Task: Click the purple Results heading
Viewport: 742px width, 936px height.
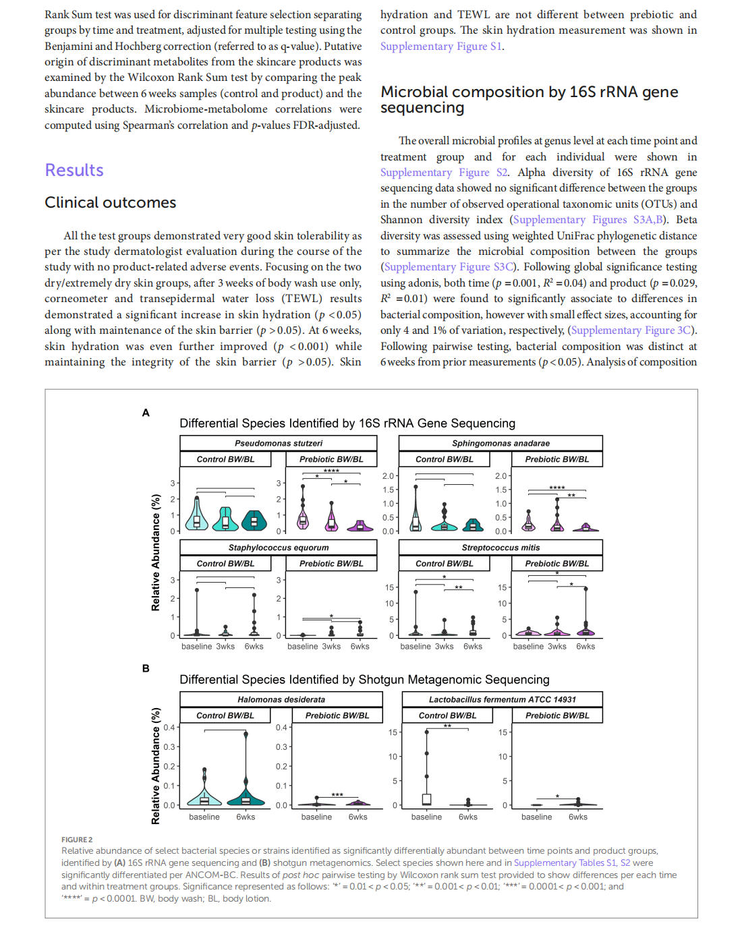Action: click(74, 170)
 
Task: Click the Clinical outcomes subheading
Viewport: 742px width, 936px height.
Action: click(110, 202)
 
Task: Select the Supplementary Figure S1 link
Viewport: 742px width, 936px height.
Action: click(441, 47)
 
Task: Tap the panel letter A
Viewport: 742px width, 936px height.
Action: click(146, 413)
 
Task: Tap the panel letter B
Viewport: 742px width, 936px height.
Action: click(146, 668)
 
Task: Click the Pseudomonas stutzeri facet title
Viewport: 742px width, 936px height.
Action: click(278, 443)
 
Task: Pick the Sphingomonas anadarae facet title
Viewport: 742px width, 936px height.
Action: click(501, 443)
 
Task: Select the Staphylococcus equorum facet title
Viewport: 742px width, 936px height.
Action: click(278, 548)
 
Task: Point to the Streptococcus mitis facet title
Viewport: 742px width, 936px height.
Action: click(501, 548)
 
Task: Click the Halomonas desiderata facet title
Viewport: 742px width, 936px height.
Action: click(281, 699)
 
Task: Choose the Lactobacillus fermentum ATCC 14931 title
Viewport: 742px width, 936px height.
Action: click(502, 699)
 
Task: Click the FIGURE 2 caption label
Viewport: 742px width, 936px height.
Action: click(77, 840)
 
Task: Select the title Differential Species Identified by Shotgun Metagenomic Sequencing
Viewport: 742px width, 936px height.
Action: click(364, 680)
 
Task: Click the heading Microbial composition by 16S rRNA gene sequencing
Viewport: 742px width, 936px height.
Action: click(529, 99)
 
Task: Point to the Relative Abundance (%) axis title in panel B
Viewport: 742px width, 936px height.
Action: click(156, 765)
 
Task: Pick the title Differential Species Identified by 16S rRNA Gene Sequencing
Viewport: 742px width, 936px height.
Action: click(347, 423)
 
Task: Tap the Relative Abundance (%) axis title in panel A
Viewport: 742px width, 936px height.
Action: click(156, 552)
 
